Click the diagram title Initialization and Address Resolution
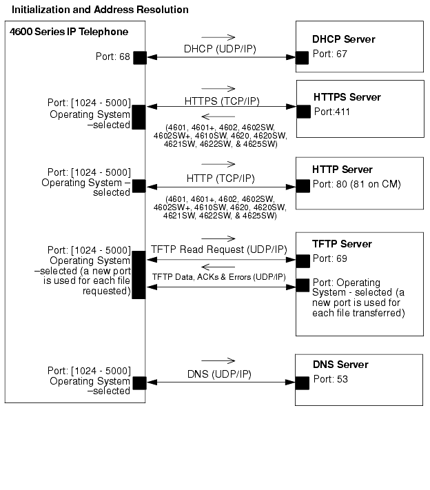click(x=100, y=10)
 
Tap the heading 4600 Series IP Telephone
click(x=69, y=32)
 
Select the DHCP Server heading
click(x=344, y=39)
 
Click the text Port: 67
click(x=330, y=54)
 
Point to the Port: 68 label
click(x=113, y=57)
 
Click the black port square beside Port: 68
click(x=140, y=58)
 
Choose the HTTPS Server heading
click(x=347, y=97)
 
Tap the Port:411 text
click(x=332, y=112)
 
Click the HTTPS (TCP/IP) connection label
click(x=222, y=101)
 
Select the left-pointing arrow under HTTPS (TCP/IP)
click(x=218, y=116)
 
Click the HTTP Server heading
click(x=342, y=170)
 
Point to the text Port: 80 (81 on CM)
click(x=357, y=184)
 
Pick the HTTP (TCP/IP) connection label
click(x=221, y=178)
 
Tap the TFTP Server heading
click(x=342, y=244)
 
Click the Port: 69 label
click(x=330, y=258)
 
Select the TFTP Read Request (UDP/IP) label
click(x=219, y=249)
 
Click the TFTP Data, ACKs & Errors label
click(x=219, y=277)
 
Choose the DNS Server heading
click(x=340, y=365)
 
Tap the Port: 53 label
click(x=331, y=379)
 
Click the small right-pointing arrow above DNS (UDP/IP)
click(x=218, y=361)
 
